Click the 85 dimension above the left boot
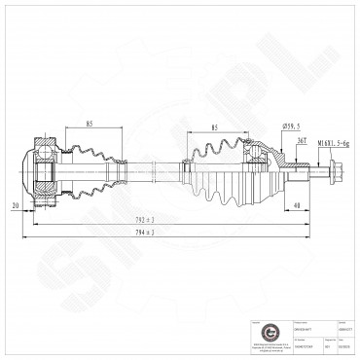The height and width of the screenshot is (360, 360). pos(89,124)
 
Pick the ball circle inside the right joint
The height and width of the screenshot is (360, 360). pos(256,150)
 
